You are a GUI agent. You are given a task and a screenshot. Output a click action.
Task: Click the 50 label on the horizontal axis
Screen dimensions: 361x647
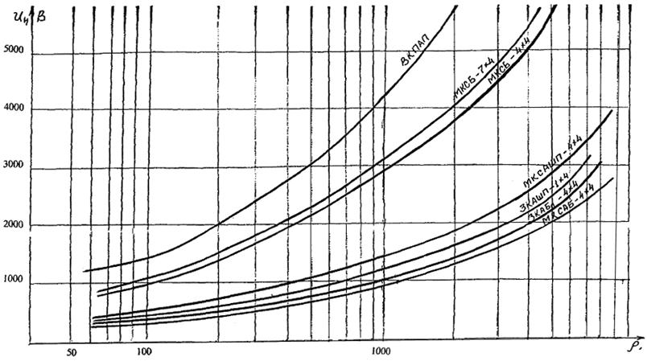[72, 352]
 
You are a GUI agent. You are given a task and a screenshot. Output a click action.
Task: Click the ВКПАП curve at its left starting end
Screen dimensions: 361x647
[84, 271]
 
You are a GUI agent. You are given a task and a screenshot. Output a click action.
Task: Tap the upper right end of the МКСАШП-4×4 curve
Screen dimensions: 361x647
[612, 110]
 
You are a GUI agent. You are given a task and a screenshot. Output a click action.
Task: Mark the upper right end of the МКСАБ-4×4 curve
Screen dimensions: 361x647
[613, 178]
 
